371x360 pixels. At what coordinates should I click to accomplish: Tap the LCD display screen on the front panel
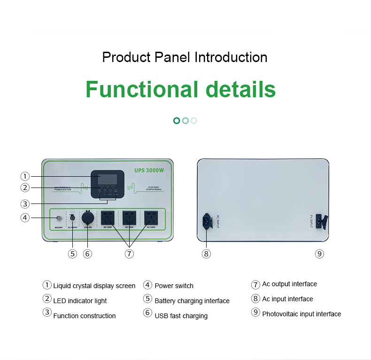(107, 179)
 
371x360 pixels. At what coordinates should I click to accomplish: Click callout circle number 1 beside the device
(25, 176)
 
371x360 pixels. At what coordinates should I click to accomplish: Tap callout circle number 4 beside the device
(25, 218)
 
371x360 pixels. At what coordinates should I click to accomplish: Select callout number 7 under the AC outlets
(129, 254)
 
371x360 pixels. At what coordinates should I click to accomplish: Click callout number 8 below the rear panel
(206, 254)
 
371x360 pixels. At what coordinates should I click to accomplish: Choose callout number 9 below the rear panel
(319, 254)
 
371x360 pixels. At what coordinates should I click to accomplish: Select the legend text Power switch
(174, 286)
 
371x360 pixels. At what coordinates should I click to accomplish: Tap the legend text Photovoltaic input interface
(301, 314)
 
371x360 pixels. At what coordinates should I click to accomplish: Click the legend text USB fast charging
(181, 316)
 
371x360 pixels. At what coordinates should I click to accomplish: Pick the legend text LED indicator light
(80, 301)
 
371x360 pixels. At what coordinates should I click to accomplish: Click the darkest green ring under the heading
(177, 121)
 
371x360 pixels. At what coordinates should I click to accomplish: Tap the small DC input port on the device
(73, 218)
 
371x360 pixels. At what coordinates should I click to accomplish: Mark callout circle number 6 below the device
(87, 254)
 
